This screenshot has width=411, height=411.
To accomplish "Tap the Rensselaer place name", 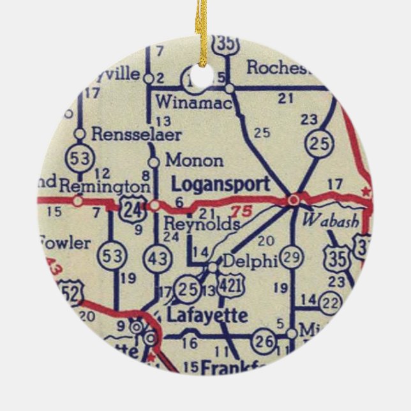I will click(137, 135).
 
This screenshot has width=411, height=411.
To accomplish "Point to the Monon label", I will click(194, 160).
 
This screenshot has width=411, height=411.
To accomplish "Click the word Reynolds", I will click(202, 225).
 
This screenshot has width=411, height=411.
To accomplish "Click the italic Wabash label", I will click(331, 221).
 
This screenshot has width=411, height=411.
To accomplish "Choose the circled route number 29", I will click(293, 257).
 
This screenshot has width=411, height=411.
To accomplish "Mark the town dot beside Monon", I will click(154, 161).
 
